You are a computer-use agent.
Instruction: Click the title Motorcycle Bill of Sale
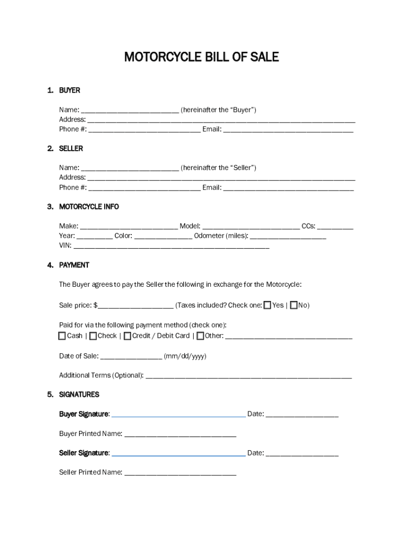[201, 57]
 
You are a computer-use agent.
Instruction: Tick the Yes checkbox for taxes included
[267, 305]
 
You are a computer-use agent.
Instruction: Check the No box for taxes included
[294, 305]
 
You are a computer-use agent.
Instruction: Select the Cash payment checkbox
[62, 336]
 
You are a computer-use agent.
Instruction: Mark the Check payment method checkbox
[93, 336]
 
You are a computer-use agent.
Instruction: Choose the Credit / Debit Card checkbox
[127, 336]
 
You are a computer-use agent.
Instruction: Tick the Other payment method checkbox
[200, 336]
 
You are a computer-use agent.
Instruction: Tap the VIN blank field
[171, 246]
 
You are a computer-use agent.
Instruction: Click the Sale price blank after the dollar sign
[136, 306]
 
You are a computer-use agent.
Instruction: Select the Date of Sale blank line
[131, 358]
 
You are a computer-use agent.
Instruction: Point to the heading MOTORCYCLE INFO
[89, 207]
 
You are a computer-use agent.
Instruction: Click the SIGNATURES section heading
[79, 395]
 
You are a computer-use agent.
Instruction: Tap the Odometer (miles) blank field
[288, 237]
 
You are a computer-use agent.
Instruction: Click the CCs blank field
[335, 227]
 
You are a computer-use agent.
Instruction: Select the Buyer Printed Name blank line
[180, 434]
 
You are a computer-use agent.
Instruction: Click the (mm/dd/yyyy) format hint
[185, 356]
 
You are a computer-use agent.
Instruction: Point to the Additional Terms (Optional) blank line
[249, 376]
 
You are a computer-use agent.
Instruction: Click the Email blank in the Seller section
[288, 188]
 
